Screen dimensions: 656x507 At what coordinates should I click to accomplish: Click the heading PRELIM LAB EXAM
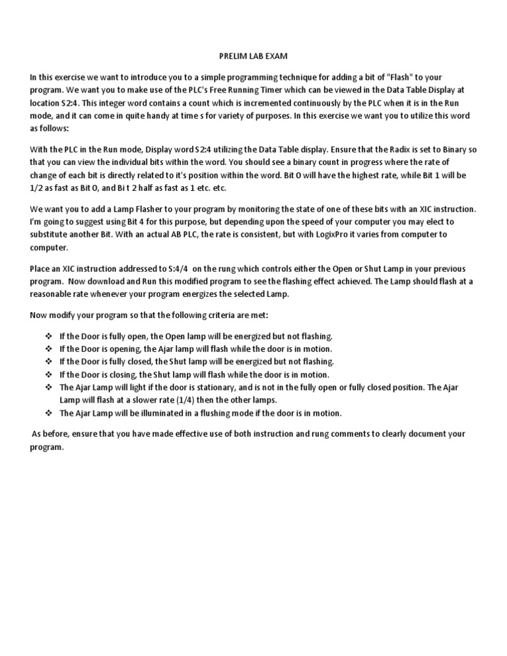(253, 57)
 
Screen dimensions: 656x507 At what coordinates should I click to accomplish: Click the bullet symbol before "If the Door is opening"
(48, 349)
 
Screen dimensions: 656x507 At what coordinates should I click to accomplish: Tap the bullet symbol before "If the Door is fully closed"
(48, 362)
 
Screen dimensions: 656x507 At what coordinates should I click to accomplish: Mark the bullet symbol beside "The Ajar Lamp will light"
(48, 387)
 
